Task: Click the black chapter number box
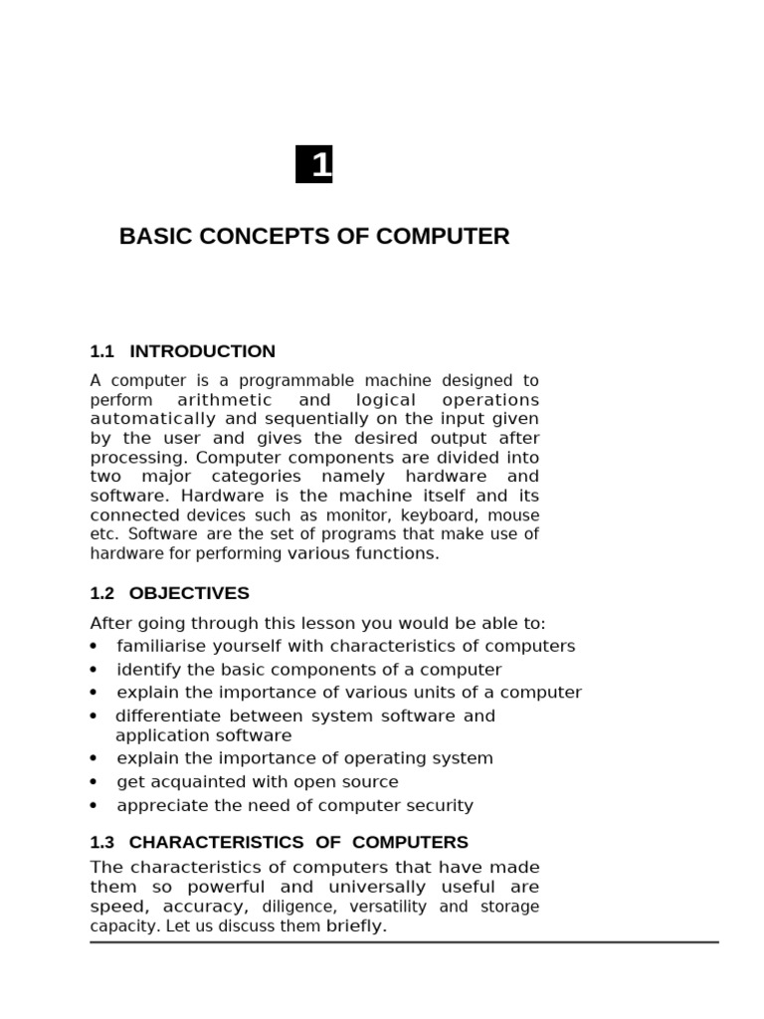click(x=314, y=164)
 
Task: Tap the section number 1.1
click(x=102, y=351)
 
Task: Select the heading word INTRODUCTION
click(x=203, y=351)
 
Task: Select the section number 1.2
click(x=102, y=593)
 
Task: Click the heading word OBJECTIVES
click(x=189, y=593)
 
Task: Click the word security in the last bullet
click(x=441, y=806)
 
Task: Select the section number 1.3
click(x=102, y=842)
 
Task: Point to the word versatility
click(x=387, y=907)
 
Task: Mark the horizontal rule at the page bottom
click(x=404, y=941)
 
